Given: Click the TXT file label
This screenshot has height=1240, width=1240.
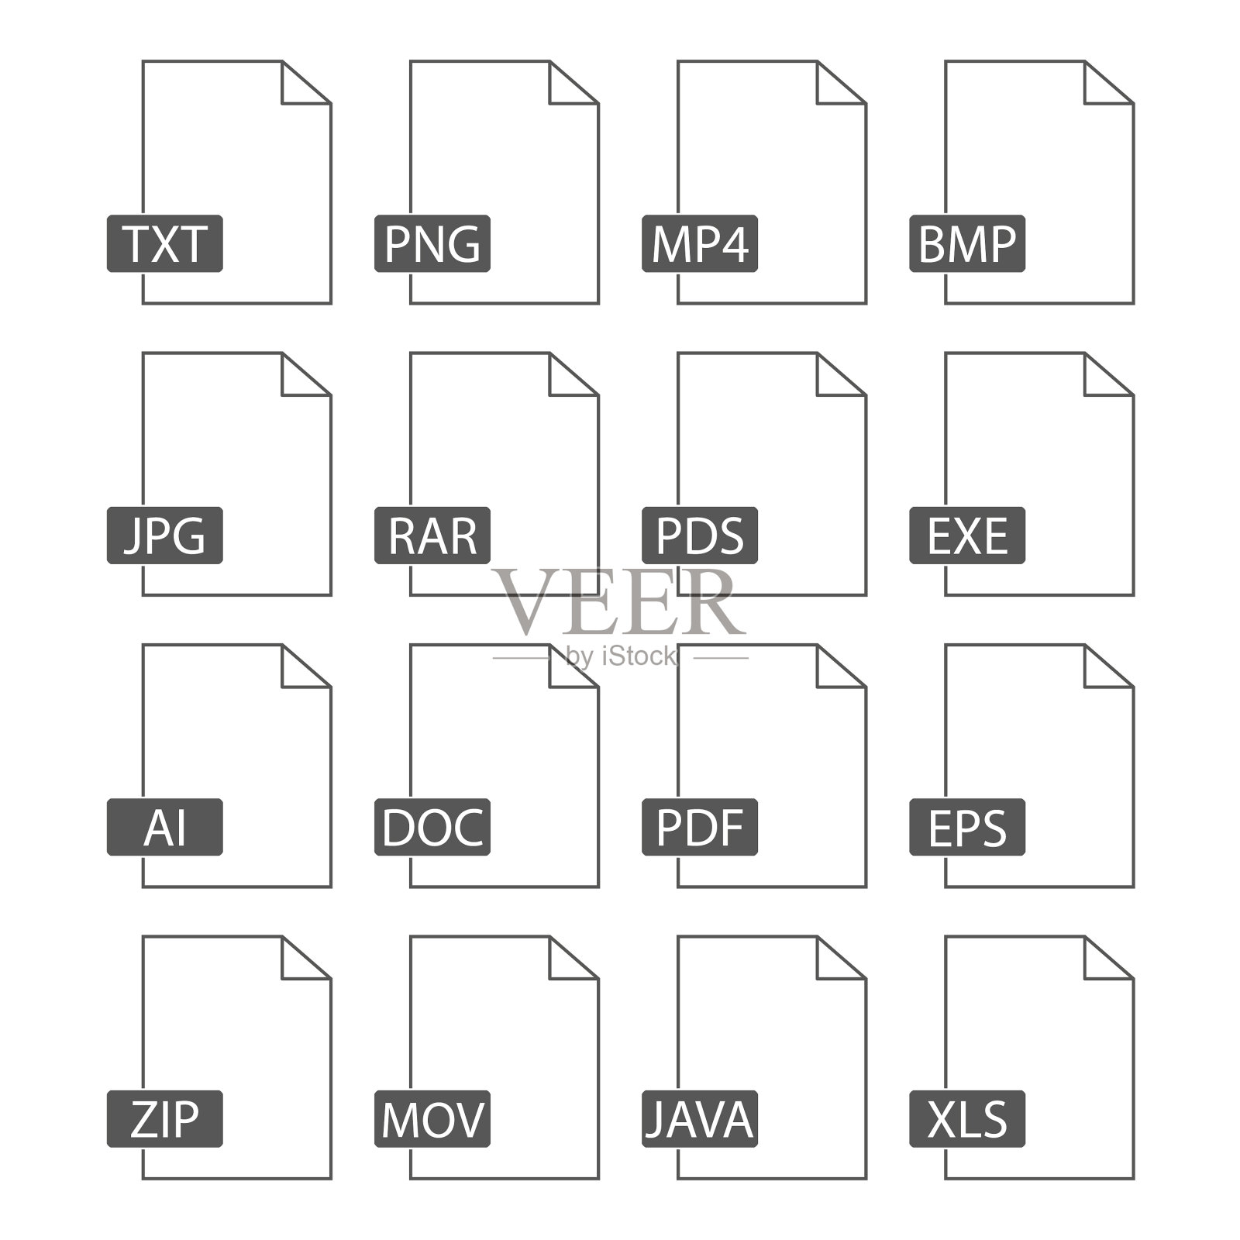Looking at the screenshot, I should (165, 243).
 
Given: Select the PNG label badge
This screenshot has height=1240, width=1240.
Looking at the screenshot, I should (432, 243).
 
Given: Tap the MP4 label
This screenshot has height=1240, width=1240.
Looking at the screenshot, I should (700, 243).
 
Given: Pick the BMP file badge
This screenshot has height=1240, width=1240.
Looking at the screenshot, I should (967, 243).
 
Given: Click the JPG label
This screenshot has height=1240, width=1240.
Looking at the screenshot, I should (165, 536).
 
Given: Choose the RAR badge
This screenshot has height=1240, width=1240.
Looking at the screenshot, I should (432, 536).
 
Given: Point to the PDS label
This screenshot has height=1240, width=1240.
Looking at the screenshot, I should (700, 536).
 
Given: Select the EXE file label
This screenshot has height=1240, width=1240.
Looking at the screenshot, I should (967, 536).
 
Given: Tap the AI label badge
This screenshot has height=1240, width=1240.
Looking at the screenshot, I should (165, 827).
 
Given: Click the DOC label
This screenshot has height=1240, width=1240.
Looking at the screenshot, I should (432, 827).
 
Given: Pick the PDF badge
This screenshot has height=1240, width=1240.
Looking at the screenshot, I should (700, 827).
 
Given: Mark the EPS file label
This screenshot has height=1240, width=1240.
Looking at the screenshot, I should (967, 827).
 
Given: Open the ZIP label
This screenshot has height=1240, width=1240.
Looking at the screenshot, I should (165, 1118).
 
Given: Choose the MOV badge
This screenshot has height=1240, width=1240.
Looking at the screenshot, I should (432, 1118).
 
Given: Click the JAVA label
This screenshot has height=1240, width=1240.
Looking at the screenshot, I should (700, 1118).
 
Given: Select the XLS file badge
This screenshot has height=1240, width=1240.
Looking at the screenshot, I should (967, 1118).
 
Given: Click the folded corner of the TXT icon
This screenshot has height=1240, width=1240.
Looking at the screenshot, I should (298, 89).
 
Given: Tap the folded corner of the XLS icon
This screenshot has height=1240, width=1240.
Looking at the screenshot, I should (1100, 965).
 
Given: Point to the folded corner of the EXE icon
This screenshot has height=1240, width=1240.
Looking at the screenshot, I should (1100, 381).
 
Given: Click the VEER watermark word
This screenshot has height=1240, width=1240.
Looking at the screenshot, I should (620, 603).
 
